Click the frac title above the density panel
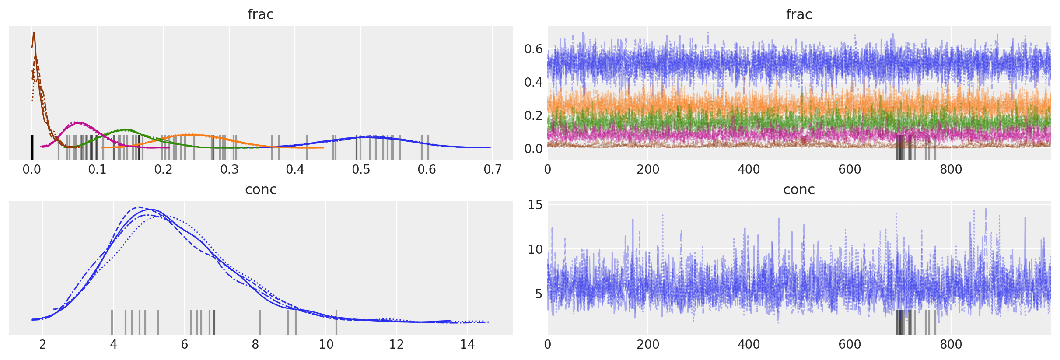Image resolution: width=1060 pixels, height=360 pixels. tap(260, 14)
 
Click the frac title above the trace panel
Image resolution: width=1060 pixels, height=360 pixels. tap(799, 14)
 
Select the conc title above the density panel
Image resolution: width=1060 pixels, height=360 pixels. tap(261, 189)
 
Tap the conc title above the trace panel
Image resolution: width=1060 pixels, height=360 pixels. tap(799, 189)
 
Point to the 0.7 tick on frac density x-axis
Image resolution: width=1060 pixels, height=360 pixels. tap(493, 169)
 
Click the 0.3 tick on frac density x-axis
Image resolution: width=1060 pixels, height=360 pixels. tap(229, 169)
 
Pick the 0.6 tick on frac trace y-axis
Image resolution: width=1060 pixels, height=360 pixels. tap(533, 49)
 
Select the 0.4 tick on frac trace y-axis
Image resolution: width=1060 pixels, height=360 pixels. tap(533, 82)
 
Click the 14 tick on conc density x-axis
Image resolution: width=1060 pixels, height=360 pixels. tap(467, 345)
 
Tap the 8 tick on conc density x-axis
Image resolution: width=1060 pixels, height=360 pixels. tap(255, 345)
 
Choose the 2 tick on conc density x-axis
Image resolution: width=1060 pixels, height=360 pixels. tap(42, 345)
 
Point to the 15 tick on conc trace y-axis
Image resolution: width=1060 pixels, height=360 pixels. tap(535, 205)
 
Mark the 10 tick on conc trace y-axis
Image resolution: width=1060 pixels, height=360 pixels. tap(535, 249)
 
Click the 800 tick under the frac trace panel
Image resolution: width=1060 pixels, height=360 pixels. tap(951, 169)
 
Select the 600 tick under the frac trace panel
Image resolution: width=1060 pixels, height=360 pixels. tap(850, 169)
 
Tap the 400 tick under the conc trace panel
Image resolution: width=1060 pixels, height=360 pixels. tap(749, 345)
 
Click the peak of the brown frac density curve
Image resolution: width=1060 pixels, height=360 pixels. tap(34, 33)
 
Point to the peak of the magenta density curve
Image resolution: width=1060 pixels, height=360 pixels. tap(78, 122)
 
